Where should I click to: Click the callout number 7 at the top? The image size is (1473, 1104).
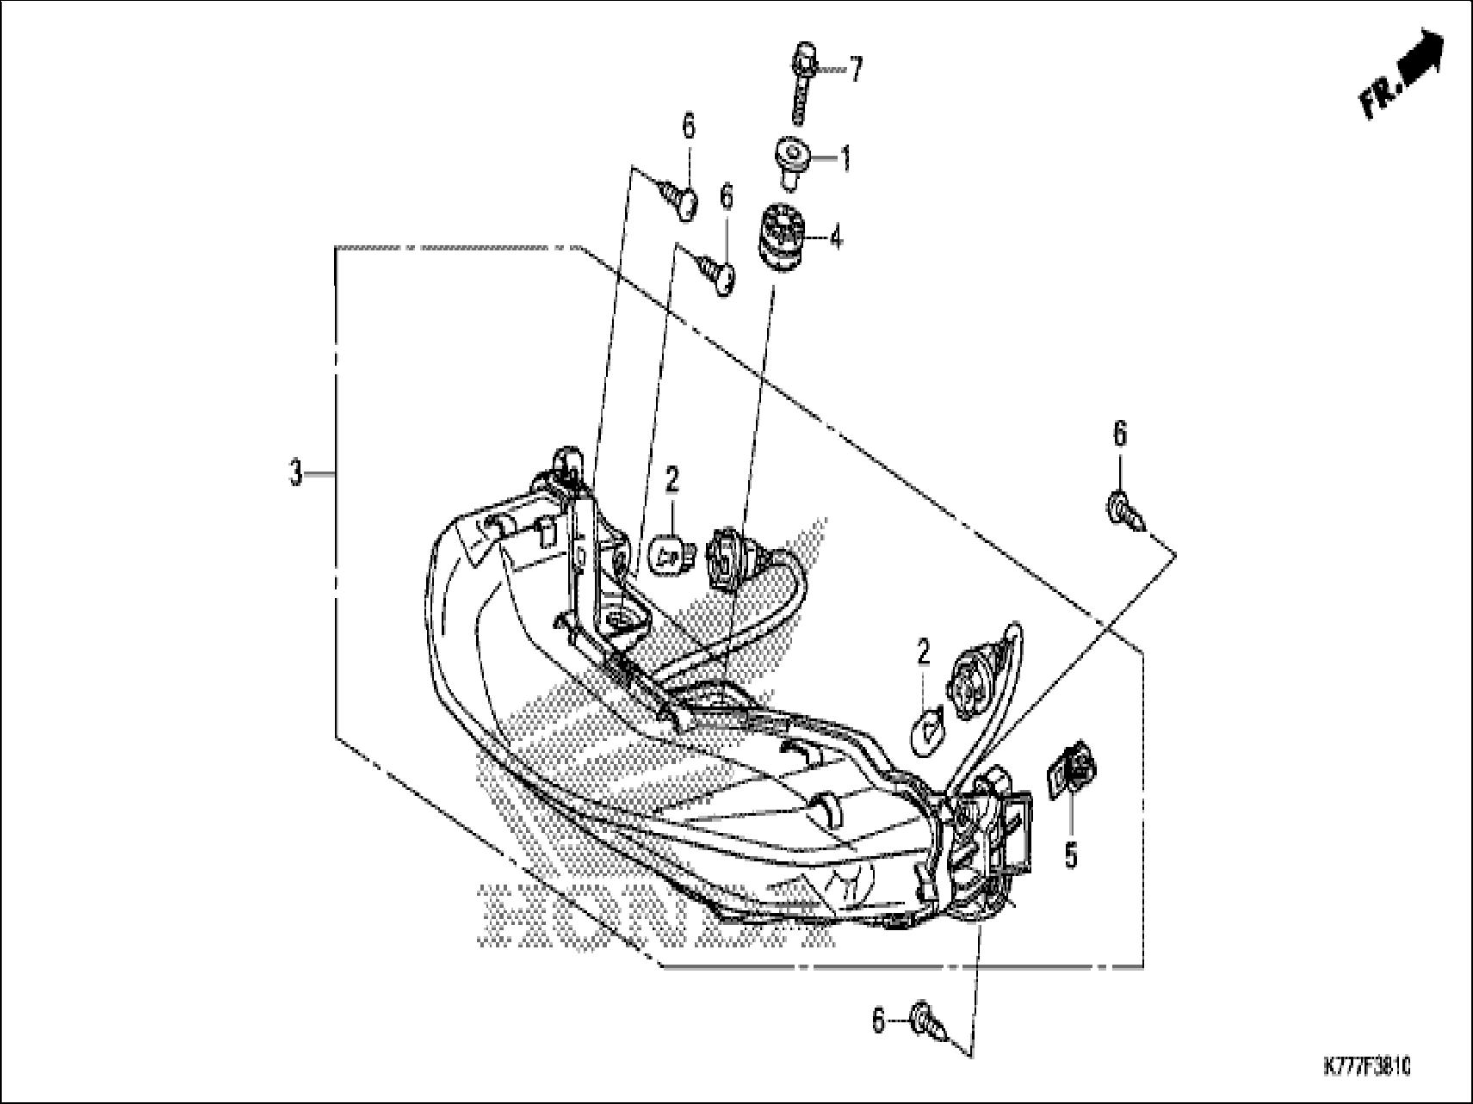click(x=855, y=70)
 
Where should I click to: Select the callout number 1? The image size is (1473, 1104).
click(x=845, y=158)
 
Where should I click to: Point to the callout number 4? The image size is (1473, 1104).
click(x=835, y=236)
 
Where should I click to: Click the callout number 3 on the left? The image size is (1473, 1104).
click(x=295, y=472)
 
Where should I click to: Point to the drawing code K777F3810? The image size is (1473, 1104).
click(x=1365, y=1068)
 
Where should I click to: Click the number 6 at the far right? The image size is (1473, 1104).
click(x=1118, y=435)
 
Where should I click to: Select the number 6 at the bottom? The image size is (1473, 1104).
click(x=878, y=1021)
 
